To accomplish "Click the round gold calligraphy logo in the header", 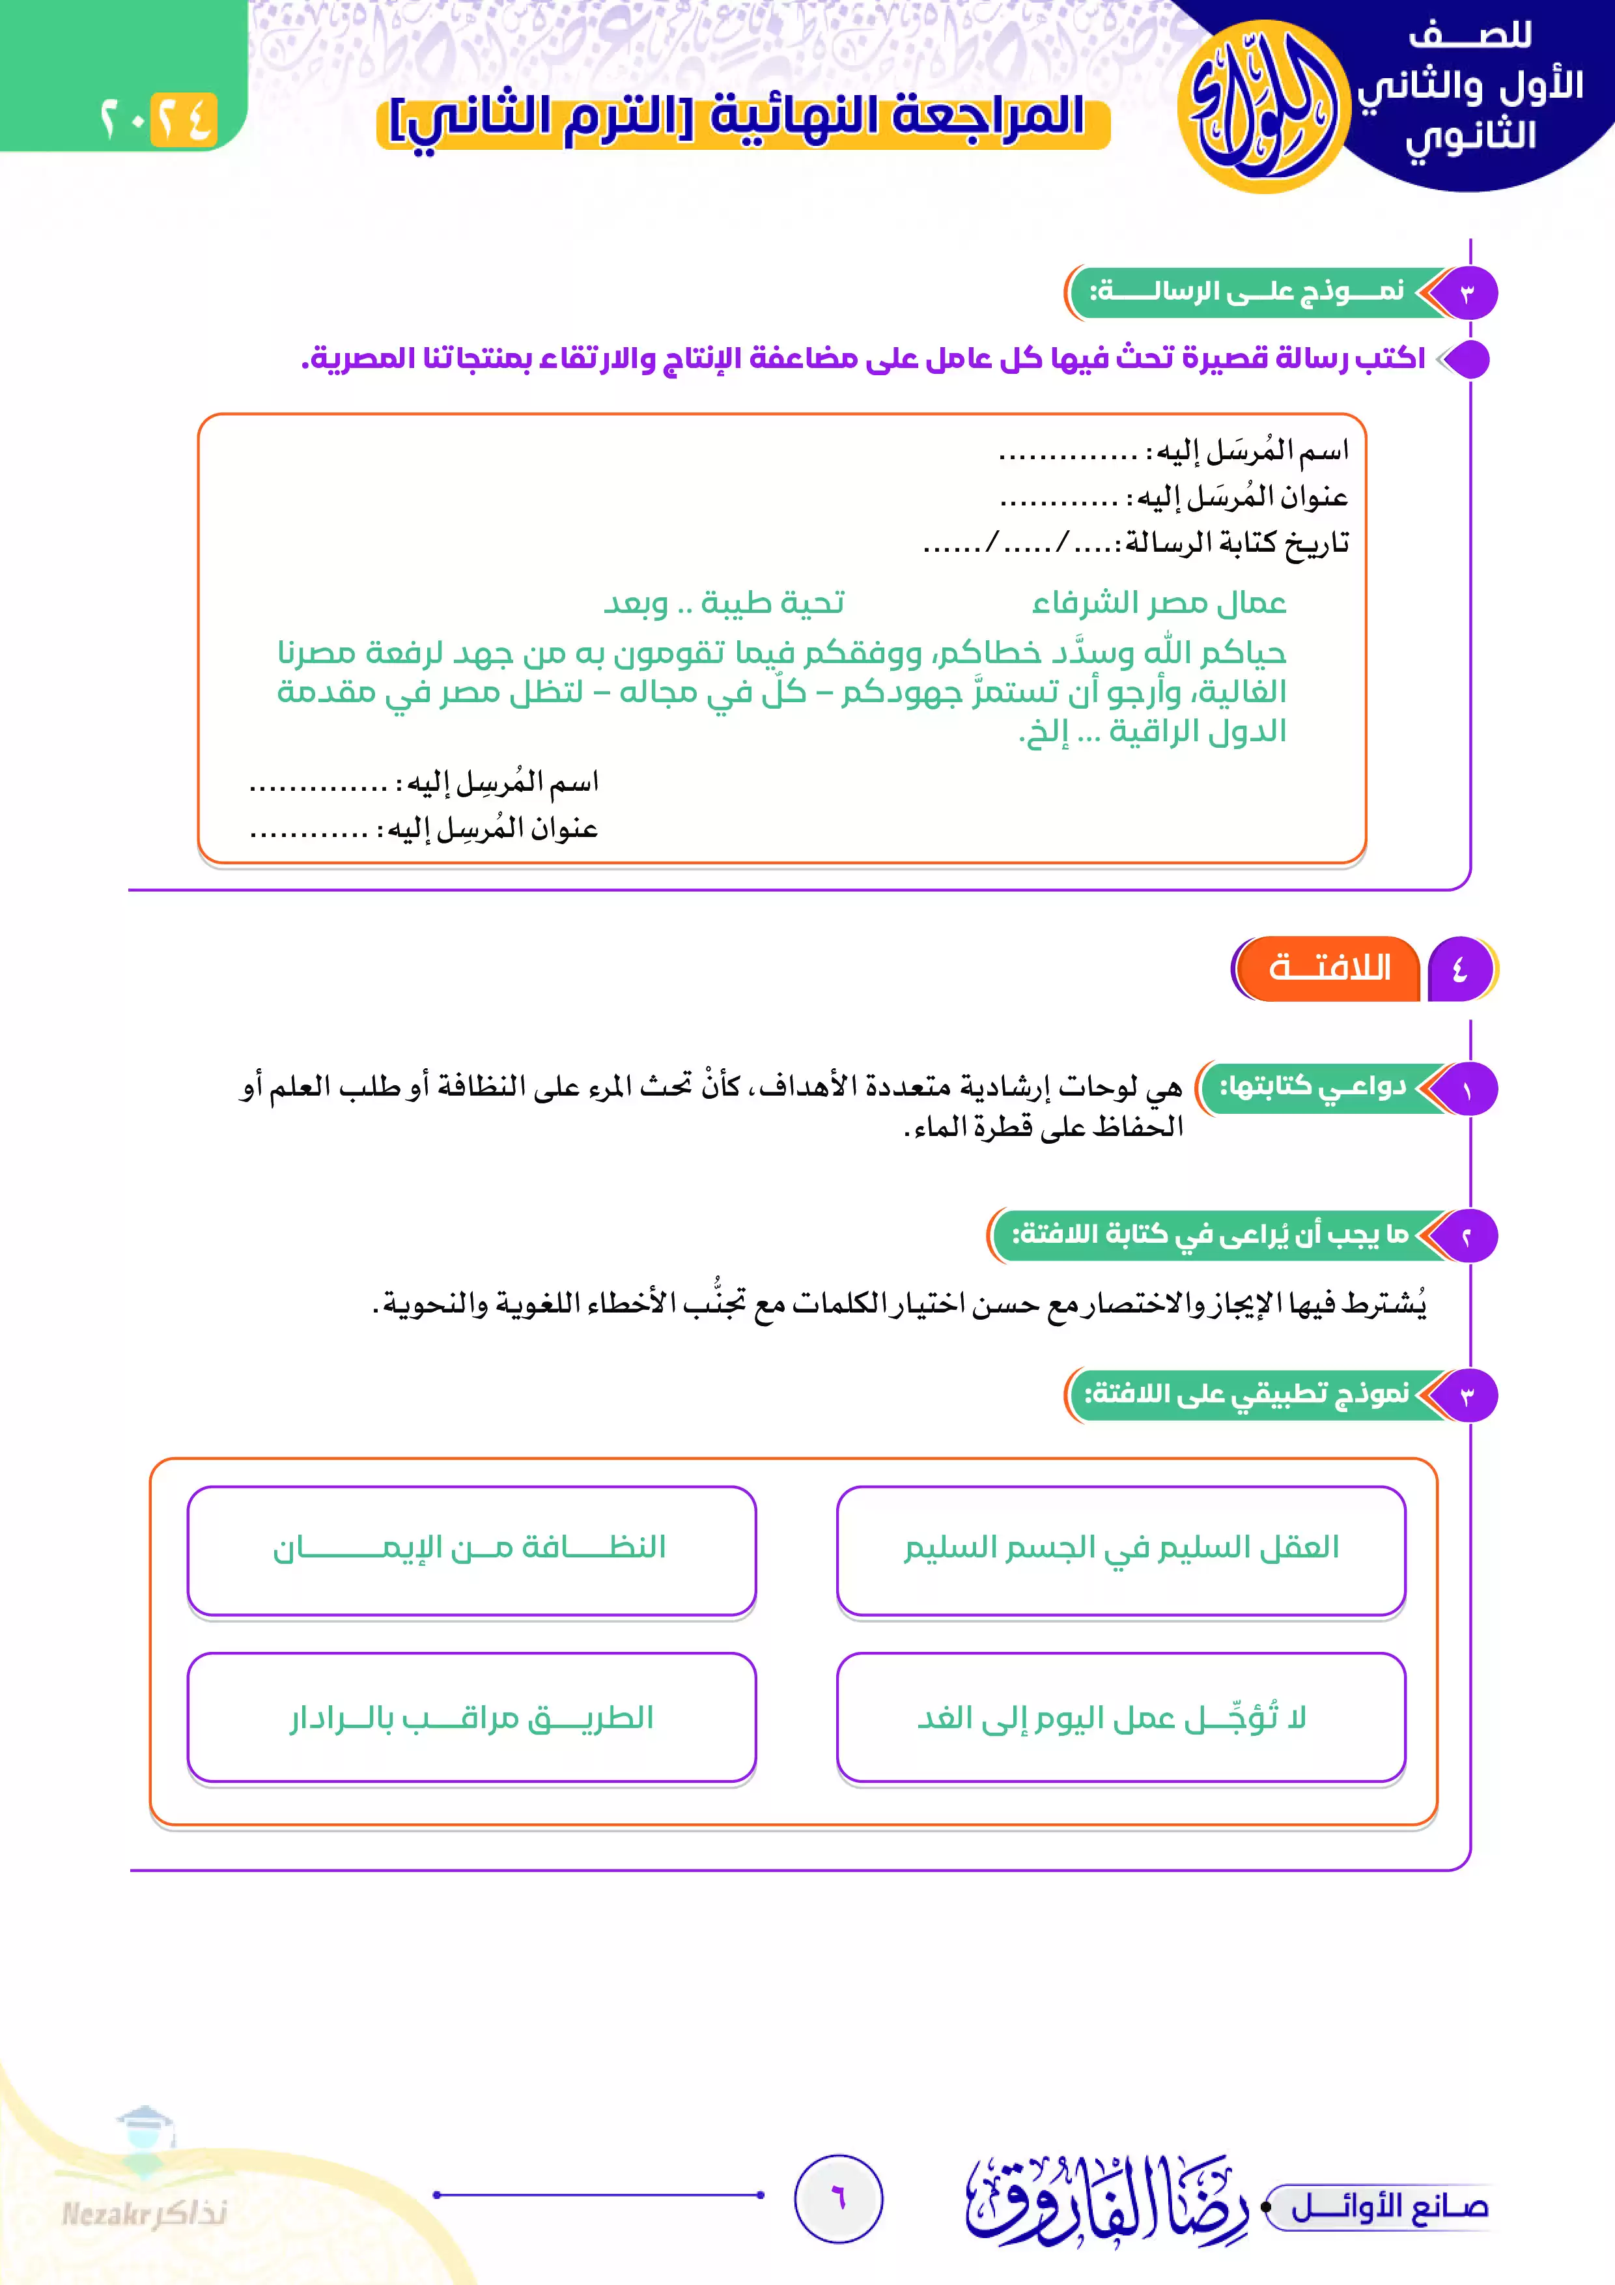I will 1264,106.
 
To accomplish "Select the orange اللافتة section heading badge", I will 1328,969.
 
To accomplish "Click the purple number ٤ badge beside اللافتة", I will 1460,969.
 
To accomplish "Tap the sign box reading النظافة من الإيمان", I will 471,1550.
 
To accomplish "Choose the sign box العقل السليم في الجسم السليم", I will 1121,1550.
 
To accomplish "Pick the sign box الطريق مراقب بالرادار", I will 471,1718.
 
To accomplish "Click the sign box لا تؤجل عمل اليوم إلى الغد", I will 1121,1718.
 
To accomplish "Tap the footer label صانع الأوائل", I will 1388,2208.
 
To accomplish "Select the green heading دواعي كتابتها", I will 1313,1086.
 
